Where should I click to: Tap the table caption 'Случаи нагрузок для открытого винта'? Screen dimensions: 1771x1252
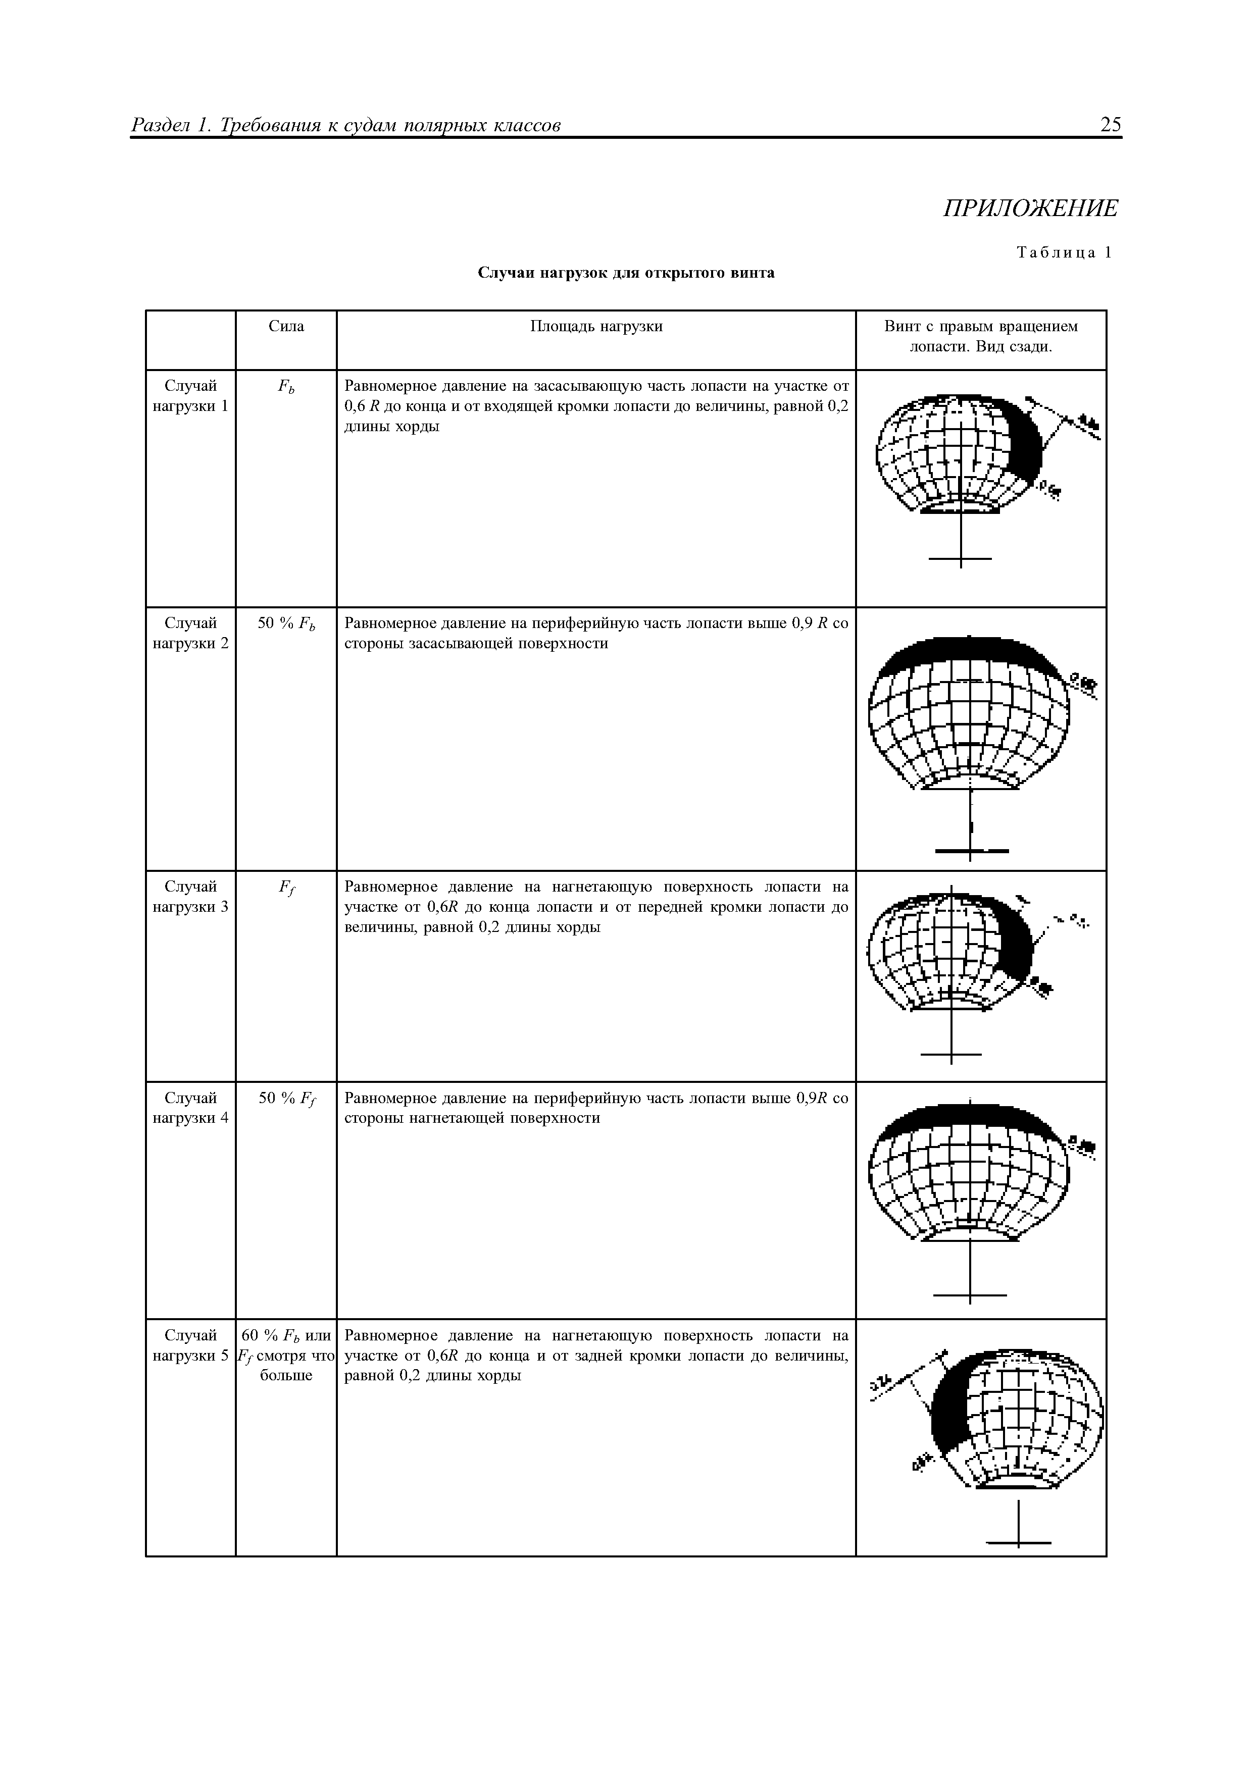pos(626,273)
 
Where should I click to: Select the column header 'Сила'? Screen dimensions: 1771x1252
pos(286,326)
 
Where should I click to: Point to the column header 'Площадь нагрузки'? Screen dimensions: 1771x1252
pos(596,326)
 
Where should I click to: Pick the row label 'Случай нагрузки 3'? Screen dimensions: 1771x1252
pos(190,896)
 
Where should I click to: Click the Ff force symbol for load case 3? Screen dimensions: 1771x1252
pos(286,888)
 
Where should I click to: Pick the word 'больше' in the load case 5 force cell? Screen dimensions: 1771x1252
pos(286,1375)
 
